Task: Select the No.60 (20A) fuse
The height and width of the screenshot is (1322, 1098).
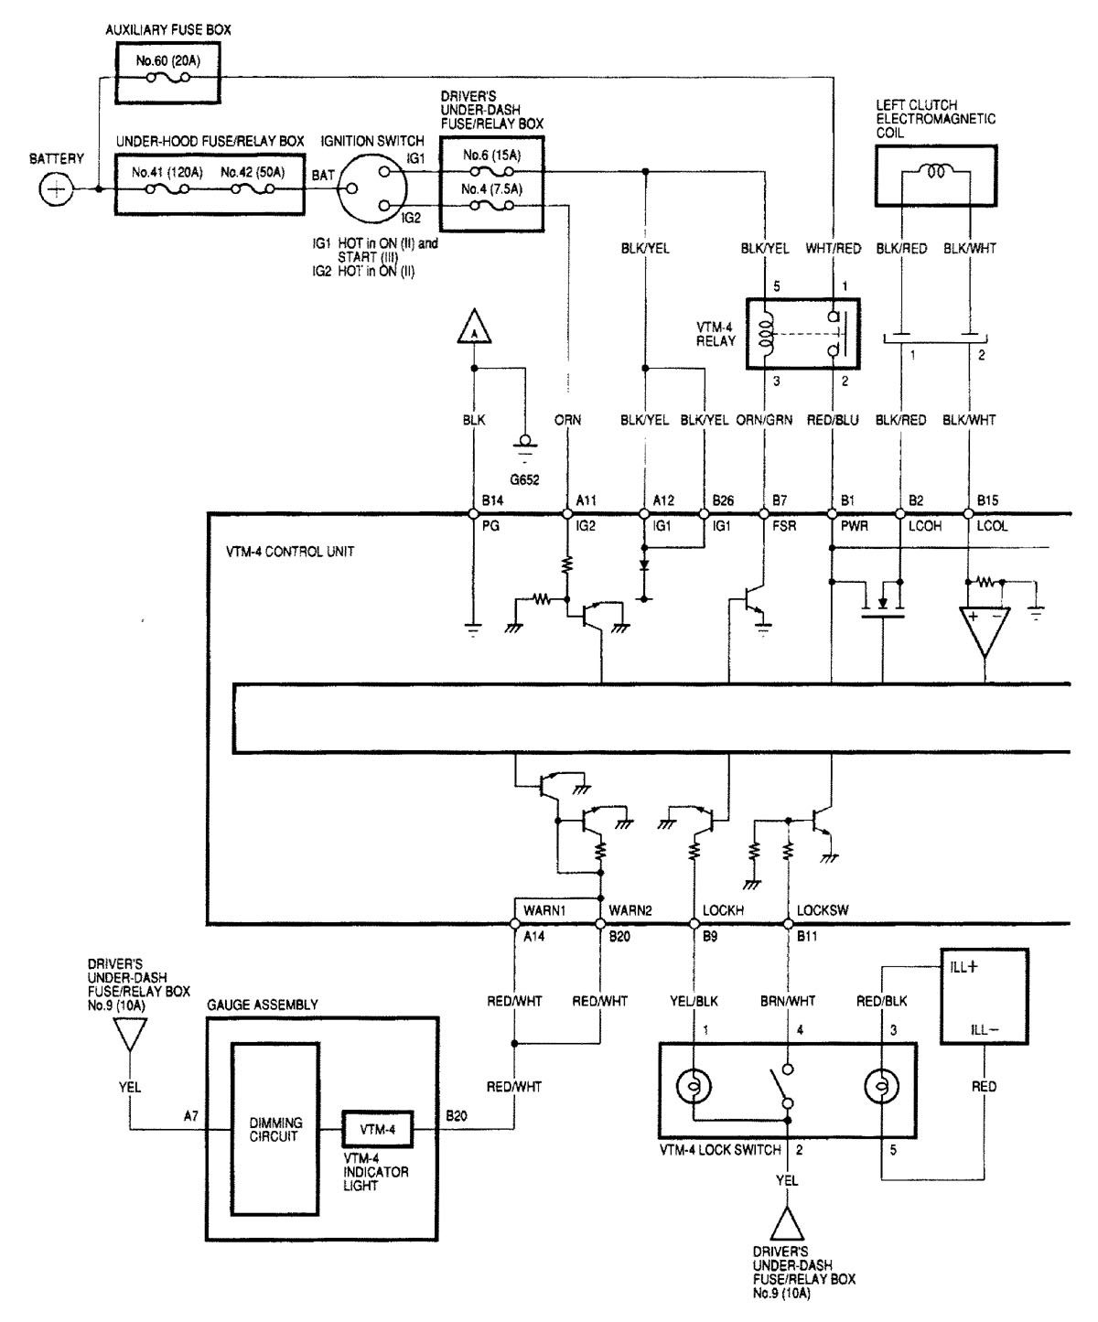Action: click(167, 80)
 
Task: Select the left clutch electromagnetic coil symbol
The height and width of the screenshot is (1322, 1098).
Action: click(936, 171)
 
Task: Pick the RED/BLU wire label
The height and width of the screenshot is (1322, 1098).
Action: click(833, 420)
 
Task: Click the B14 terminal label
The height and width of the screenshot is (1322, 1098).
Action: click(493, 500)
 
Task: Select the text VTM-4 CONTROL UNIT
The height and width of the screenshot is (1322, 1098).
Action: click(289, 552)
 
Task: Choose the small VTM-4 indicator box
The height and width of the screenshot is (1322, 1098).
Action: click(378, 1128)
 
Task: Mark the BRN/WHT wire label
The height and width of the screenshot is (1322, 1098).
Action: click(786, 1001)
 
